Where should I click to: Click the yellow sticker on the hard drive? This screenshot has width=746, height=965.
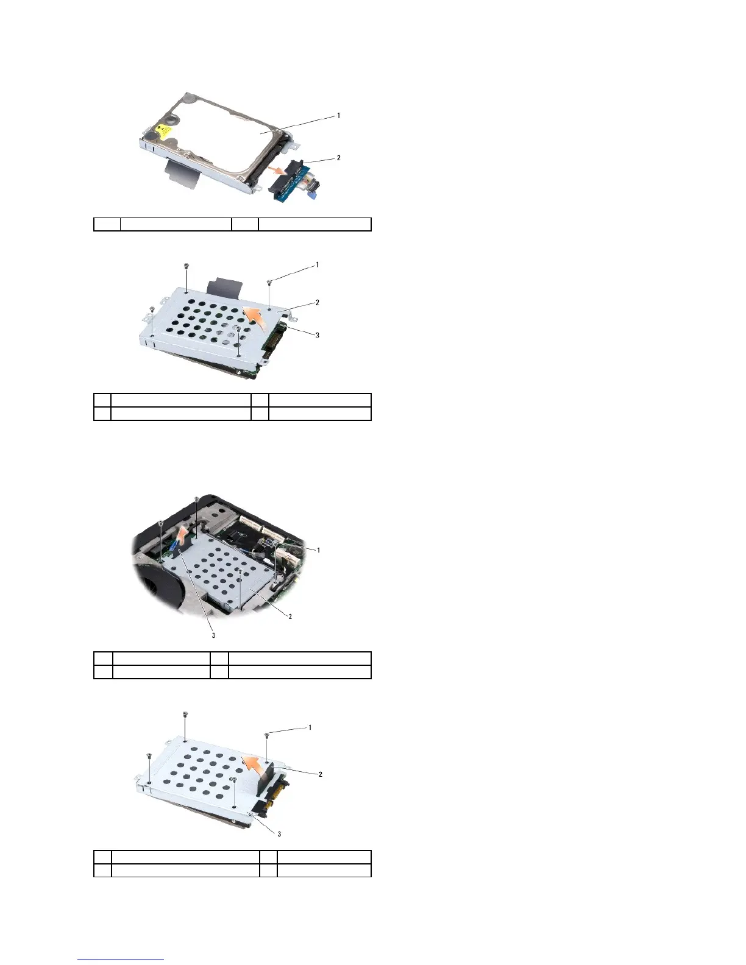pyautogui.click(x=162, y=130)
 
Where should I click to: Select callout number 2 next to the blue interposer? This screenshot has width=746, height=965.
pyautogui.click(x=339, y=158)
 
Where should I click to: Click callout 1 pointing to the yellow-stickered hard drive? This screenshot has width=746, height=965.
pyautogui.click(x=339, y=115)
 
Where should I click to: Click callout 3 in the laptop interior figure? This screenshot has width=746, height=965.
pyautogui.click(x=213, y=635)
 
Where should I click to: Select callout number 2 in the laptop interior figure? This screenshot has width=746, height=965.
pyautogui.click(x=290, y=617)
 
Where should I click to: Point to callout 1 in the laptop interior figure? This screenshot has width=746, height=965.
pyautogui.click(x=317, y=550)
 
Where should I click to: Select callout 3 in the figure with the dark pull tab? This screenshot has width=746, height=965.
pyautogui.click(x=317, y=334)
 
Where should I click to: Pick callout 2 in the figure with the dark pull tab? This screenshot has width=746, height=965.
pyautogui.click(x=317, y=302)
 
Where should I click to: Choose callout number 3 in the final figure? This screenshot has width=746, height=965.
pyautogui.click(x=280, y=833)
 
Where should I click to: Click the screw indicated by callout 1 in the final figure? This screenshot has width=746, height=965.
pyautogui.click(x=268, y=736)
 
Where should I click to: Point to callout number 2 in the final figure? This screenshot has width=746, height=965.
pyautogui.click(x=320, y=774)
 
